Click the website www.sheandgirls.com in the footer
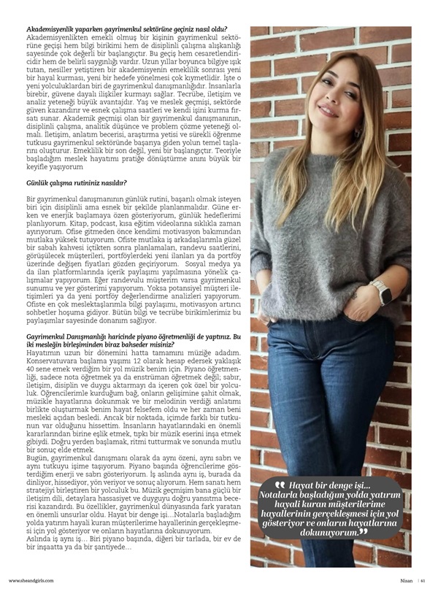click(32, 580)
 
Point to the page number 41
click(423, 580)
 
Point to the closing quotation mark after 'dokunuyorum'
click(363, 533)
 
